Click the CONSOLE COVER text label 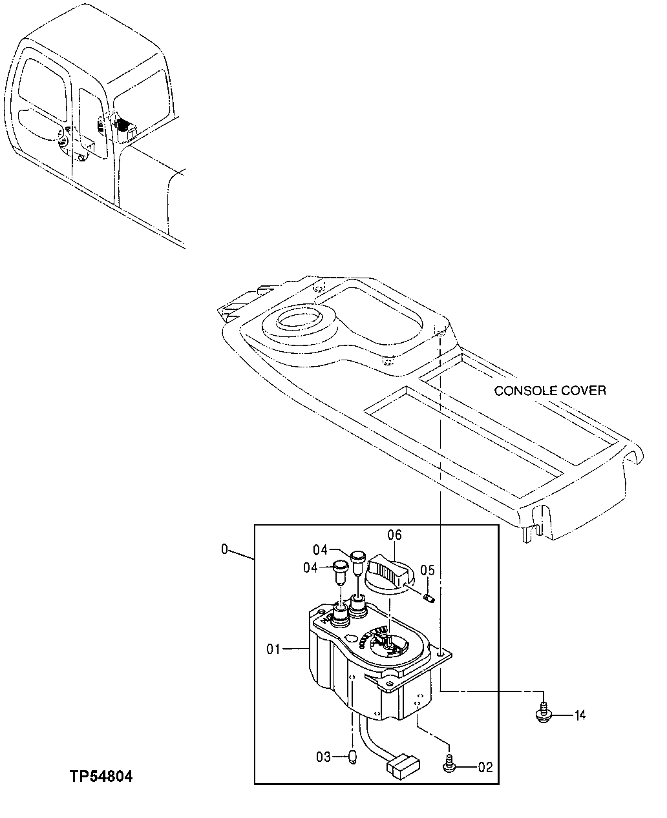point(550,391)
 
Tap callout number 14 point(580,715)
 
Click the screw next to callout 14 point(544,713)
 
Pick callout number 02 point(485,768)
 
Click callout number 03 point(323,756)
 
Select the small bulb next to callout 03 point(353,757)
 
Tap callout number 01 point(273,648)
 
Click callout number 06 point(394,535)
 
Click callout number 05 point(427,570)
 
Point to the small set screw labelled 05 point(428,598)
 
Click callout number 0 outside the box point(224,549)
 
